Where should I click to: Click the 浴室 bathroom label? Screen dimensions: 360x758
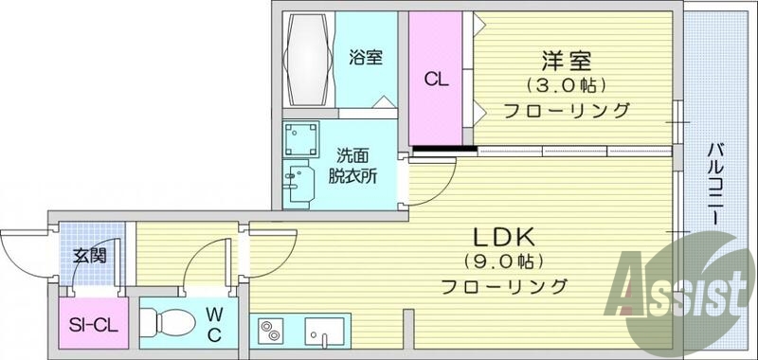(x=365, y=57)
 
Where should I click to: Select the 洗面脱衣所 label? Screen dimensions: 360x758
(x=353, y=164)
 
